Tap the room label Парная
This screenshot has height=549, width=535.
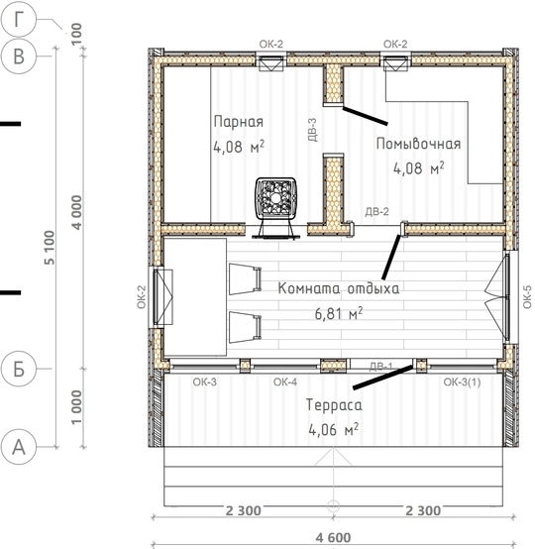pos(239,122)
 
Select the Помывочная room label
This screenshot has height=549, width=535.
pos(418,144)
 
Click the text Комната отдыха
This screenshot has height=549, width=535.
pos(338,288)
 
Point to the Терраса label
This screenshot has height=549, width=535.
pos(334,405)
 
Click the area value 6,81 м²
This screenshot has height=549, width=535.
pos(339,313)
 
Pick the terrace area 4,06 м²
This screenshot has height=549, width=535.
pos(333,429)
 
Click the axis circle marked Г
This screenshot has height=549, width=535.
pos(19,19)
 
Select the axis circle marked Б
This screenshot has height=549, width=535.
pos(19,369)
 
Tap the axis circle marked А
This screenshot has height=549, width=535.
pos(19,447)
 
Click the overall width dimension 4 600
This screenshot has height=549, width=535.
pos(333,537)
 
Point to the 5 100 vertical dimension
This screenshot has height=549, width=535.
pos(50,248)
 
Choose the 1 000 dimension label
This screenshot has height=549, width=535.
pos(76,407)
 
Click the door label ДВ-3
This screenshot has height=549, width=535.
pos(312,130)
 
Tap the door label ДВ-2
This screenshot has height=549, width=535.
pos(376,211)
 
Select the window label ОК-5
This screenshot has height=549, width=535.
pos(527,297)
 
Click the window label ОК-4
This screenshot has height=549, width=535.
pos(285,382)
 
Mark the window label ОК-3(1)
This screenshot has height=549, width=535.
pos(462,382)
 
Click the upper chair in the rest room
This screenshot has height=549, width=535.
pos(246,279)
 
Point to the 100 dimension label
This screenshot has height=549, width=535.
pos(76,34)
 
